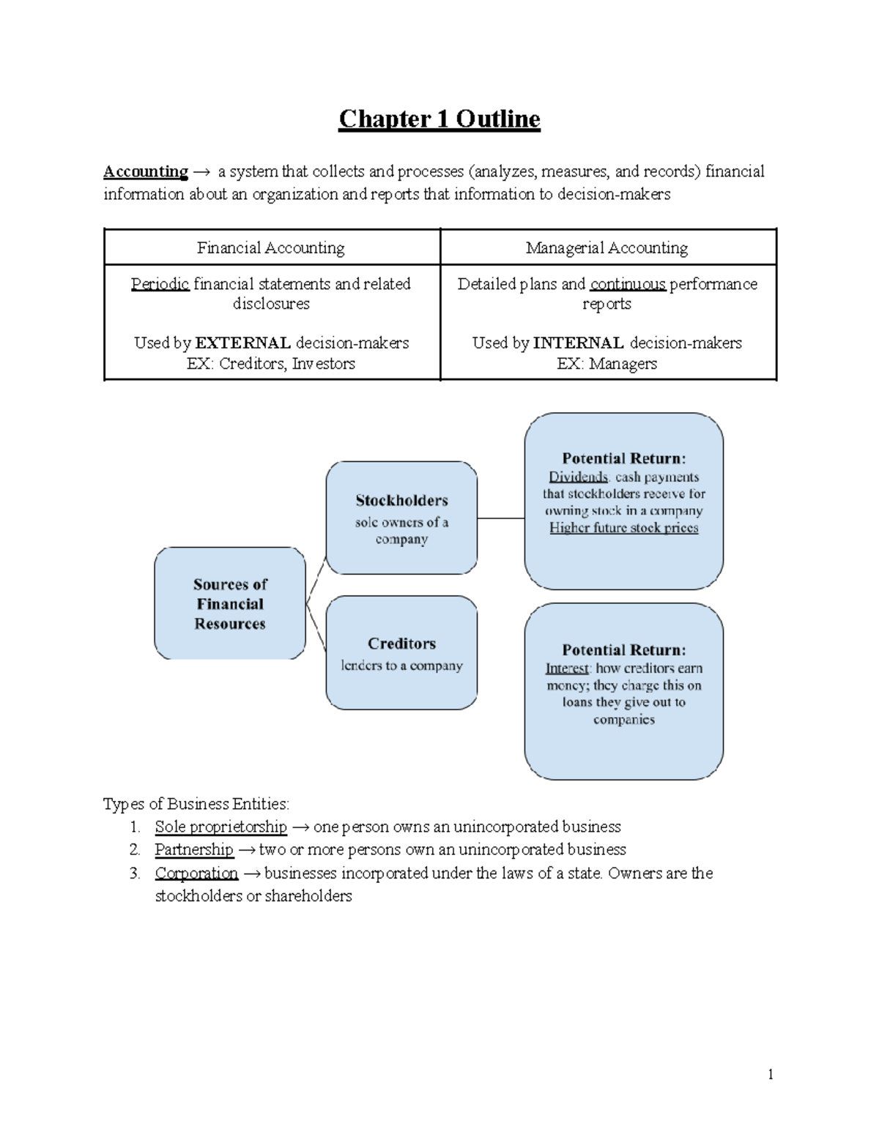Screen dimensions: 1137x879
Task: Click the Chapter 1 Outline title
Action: [439, 119]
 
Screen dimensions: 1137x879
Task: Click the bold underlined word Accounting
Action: [146, 171]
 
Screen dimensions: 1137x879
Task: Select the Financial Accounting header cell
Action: [271, 247]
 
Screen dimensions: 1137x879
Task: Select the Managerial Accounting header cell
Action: [607, 247]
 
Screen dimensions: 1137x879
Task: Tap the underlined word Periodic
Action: [160, 284]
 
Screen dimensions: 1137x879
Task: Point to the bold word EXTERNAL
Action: [242, 343]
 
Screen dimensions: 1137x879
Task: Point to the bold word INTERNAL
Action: [579, 343]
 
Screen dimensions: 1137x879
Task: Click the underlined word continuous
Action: [628, 284]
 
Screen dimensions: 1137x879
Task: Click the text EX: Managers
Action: [607, 364]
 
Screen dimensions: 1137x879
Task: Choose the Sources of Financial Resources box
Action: [230, 603]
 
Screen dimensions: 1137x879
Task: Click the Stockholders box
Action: [401, 518]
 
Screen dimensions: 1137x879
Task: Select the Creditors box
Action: [401, 652]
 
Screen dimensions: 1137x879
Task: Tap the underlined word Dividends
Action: [579, 477]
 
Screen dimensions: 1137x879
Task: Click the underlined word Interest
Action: [567, 668]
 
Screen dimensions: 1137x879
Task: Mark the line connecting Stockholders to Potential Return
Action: [501, 518]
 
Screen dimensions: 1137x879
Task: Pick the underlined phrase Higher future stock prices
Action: [624, 528]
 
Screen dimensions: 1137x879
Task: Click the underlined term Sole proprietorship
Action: [220, 827]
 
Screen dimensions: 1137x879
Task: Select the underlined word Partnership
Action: [194, 849]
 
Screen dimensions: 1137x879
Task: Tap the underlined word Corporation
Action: [196, 873]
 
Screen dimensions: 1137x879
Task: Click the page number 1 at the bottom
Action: [771, 1075]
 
